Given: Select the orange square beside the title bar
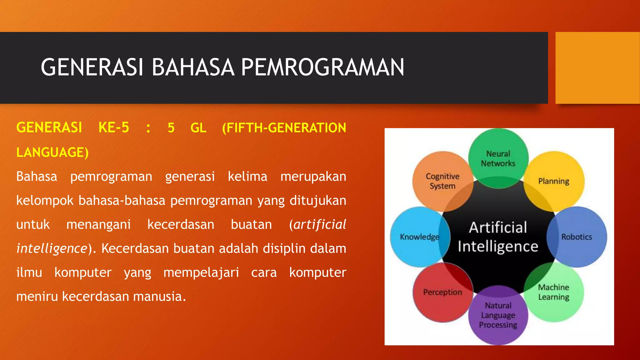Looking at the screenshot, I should pyautogui.click(x=597, y=68).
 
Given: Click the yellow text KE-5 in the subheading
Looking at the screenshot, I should pyautogui.click(x=113, y=128).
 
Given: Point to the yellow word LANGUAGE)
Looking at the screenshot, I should pyautogui.click(x=52, y=152).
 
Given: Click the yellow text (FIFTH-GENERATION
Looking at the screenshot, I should pyautogui.click(x=284, y=128).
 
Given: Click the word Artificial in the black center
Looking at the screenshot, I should pyautogui.click(x=498, y=227).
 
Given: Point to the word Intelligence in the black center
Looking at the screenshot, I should pyautogui.click(x=498, y=247).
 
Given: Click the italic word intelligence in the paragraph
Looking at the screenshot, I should pyautogui.click(x=52, y=249).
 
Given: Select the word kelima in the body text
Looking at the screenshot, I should pyautogui.click(x=247, y=177).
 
